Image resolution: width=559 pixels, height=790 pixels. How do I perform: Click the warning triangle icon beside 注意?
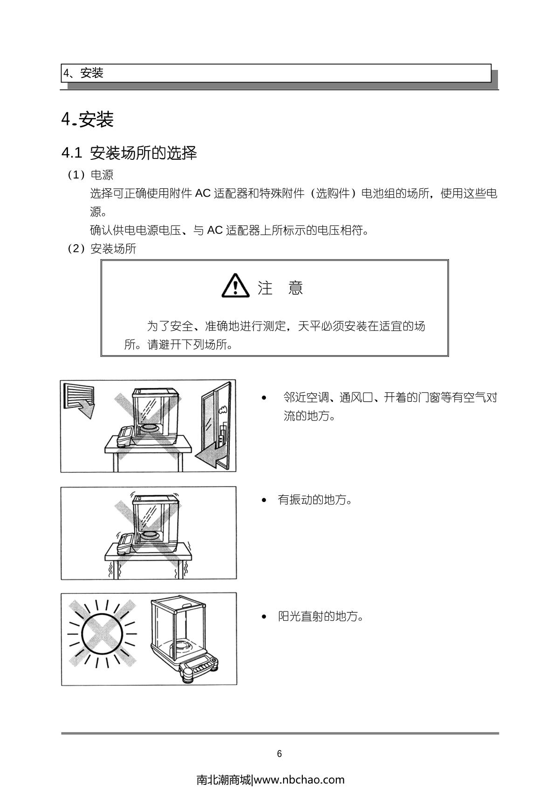[235, 286]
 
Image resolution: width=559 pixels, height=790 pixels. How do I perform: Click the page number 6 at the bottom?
[279, 754]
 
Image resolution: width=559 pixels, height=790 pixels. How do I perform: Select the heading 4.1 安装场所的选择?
[129, 153]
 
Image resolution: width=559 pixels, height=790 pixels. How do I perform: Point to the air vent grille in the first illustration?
[79, 397]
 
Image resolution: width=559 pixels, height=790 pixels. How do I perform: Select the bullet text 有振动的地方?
[315, 499]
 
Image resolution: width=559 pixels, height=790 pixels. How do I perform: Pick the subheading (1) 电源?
[90, 175]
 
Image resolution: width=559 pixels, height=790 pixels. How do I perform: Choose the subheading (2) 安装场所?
[102, 248]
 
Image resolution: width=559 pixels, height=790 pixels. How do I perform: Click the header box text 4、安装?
[83, 73]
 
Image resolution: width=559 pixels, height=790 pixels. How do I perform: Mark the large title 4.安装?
[88, 119]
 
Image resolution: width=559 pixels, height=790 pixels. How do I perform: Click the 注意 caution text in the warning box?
[280, 288]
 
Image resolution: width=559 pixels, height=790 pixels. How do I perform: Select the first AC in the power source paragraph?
[203, 193]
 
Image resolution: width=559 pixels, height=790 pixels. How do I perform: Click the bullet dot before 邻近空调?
[264, 398]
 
